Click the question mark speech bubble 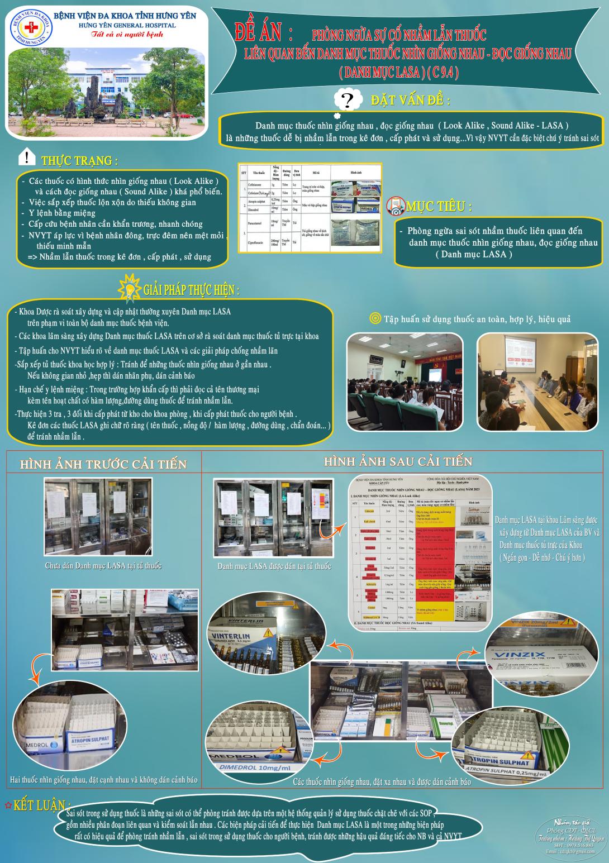[348, 101]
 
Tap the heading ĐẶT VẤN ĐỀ [411, 101]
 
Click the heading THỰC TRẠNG [80, 161]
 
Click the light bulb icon [130, 287]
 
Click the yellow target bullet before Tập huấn [375, 319]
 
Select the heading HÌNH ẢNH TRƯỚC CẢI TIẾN [103, 464]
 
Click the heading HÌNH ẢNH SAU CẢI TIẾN [398, 461]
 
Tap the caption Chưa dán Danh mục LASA [103, 566]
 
